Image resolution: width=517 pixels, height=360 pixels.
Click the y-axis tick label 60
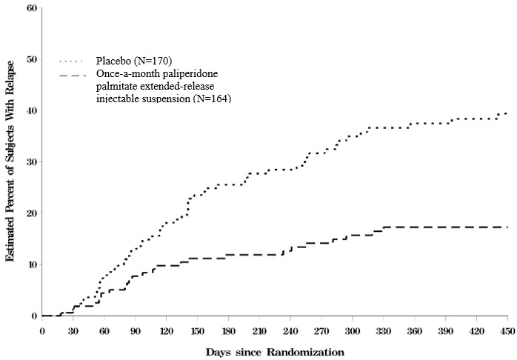click(x=31, y=8)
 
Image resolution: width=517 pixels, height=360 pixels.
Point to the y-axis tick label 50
click(x=31, y=59)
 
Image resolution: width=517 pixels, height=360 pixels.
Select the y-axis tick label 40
click(x=31, y=111)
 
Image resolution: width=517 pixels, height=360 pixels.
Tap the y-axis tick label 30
click(x=31, y=162)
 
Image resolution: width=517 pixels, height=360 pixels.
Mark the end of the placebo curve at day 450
click(x=507, y=113)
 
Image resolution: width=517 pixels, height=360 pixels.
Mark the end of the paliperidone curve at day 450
click(x=507, y=227)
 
